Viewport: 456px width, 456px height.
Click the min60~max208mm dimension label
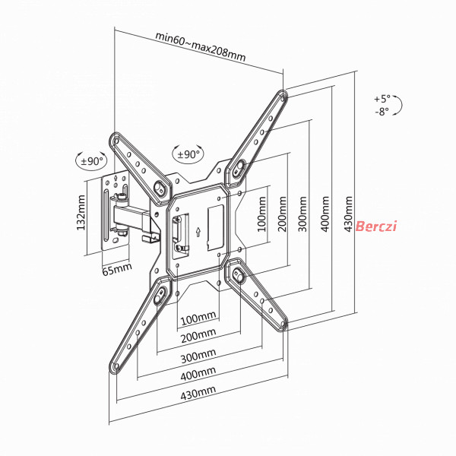201,46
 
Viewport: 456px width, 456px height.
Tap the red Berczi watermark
376,226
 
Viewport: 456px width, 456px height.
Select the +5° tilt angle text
382,99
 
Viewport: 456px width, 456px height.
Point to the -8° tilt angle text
382,112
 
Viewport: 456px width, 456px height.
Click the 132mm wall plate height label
81,213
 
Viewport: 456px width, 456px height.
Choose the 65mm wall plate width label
117,269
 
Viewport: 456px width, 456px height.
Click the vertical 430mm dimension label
348,214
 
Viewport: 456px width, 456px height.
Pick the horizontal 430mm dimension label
198,393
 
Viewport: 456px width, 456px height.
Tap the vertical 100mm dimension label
261,214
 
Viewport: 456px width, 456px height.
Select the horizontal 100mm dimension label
198,318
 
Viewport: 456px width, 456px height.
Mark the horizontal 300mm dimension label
198,356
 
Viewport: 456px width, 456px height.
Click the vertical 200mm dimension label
282,214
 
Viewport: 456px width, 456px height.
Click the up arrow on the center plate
198,232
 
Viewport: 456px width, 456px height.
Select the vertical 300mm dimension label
302,214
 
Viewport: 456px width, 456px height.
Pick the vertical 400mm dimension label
325,214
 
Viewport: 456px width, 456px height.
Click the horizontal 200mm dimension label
198,336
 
